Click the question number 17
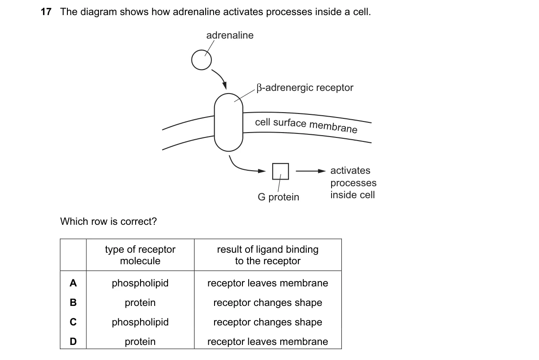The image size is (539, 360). pyautogui.click(x=46, y=12)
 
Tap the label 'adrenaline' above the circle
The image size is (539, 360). pyautogui.click(x=230, y=35)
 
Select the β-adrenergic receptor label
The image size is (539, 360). pyautogui.click(x=305, y=88)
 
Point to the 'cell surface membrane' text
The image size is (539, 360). pyautogui.click(x=306, y=125)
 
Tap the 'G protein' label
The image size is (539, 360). pyautogui.click(x=278, y=197)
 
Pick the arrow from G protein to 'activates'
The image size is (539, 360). pyautogui.click(x=311, y=171)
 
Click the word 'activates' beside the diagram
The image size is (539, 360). pyautogui.click(x=350, y=170)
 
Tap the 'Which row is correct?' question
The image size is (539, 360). pyautogui.click(x=108, y=221)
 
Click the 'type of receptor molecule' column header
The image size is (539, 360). pyautogui.click(x=140, y=255)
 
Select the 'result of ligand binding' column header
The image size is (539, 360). pyautogui.click(x=268, y=255)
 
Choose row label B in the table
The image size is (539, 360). pyautogui.click(x=73, y=302)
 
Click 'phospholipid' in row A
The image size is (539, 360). pyautogui.click(x=140, y=283)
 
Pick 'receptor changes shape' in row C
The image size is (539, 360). pyautogui.click(x=268, y=322)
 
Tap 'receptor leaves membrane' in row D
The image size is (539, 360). pyautogui.click(x=268, y=342)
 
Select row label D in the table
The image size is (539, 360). pyautogui.click(x=73, y=341)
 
